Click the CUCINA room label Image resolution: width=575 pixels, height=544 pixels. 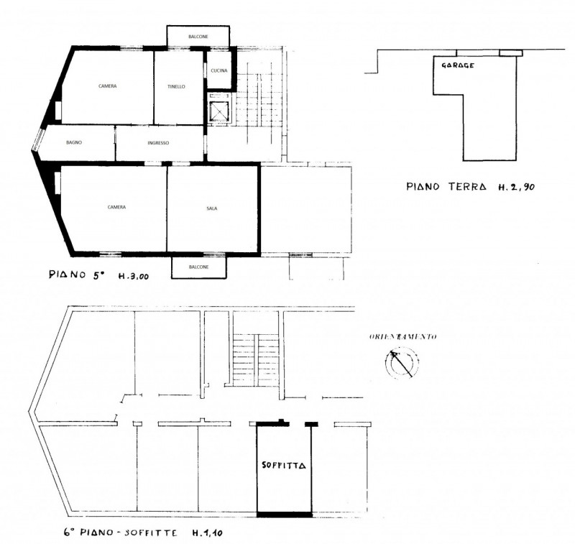219,70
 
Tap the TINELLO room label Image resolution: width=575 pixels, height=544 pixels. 176,86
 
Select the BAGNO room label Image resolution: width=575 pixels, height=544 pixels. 74,142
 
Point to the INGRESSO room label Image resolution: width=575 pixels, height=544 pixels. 158,142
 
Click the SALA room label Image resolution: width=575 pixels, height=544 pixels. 212,208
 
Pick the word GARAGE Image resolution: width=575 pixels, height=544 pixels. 458,65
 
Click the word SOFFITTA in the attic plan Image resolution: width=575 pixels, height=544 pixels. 284,465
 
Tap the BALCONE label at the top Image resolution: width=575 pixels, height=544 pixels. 198,37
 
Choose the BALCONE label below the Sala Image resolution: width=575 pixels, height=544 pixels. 199,267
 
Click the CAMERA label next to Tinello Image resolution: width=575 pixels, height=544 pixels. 108,86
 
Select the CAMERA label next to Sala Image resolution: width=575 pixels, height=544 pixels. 116,207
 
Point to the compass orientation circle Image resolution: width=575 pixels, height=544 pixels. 402,363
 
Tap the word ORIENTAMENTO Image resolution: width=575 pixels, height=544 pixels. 403,336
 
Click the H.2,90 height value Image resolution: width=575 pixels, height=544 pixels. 516,187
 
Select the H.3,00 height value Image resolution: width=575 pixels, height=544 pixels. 134,276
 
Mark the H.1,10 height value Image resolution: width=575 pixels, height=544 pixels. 208,533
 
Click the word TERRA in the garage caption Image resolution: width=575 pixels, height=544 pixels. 468,187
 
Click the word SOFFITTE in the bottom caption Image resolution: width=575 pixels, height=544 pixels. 151,533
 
